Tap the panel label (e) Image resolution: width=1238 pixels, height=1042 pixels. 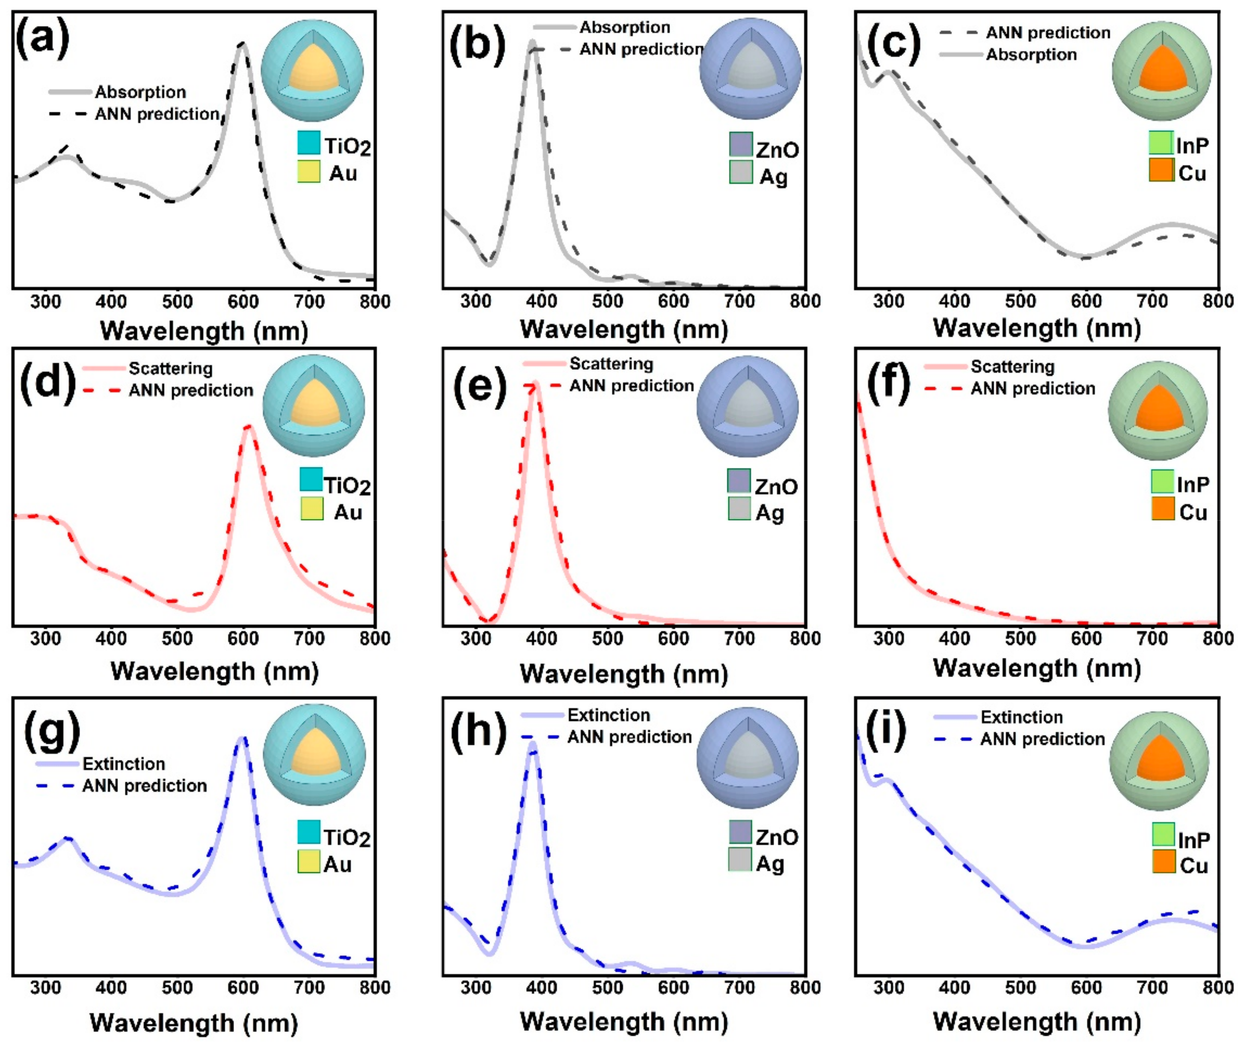[479, 387]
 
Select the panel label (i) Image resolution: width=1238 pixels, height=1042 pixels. [885, 731]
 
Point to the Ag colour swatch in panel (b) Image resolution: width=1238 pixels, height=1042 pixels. [740, 172]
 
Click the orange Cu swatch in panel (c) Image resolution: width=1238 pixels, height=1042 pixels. [1161, 170]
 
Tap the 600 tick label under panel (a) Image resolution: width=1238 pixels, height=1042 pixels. [243, 302]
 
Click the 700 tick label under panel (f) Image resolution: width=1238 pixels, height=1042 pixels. [1152, 639]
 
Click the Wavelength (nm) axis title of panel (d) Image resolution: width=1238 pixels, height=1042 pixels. [215, 672]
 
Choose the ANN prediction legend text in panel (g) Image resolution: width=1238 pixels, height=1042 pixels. [145, 785]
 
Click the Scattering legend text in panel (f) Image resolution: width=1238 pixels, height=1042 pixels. [1012, 367]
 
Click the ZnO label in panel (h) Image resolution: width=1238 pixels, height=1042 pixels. [776, 837]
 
